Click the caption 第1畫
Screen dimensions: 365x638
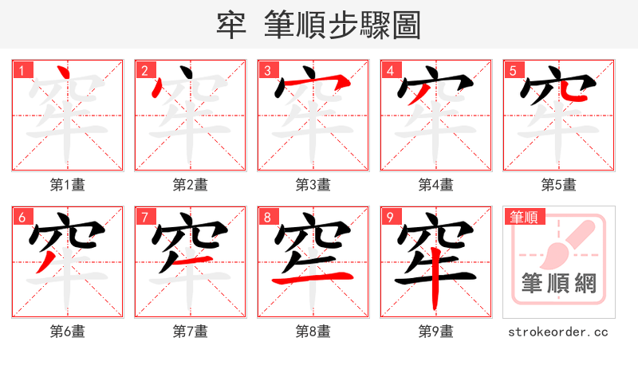pos(68,185)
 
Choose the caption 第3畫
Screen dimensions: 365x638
pos(313,185)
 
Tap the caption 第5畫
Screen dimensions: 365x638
pos(559,185)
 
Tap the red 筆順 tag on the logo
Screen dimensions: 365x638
pos(524,217)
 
